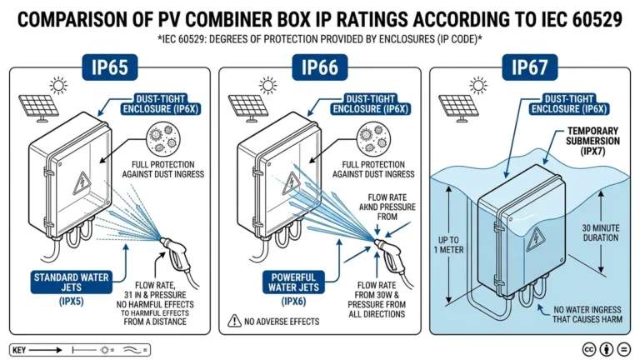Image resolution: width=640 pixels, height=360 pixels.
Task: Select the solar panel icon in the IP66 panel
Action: point(247,107)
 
